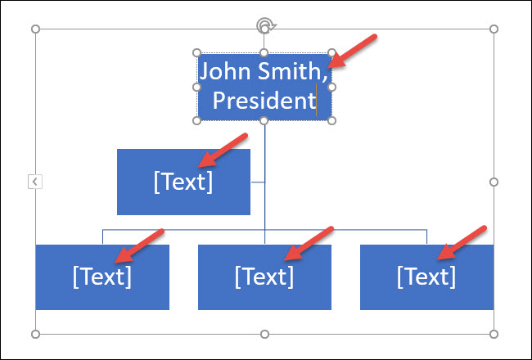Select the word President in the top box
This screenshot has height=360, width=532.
[x=264, y=101]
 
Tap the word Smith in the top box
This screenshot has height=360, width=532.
[x=292, y=71]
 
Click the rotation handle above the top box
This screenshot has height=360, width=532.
[x=265, y=25]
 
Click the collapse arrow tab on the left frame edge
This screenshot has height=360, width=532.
[x=35, y=182]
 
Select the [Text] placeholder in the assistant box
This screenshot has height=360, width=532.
[x=183, y=182]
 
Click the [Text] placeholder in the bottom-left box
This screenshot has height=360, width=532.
[x=102, y=277]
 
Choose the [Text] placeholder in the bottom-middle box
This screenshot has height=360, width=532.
[x=264, y=277]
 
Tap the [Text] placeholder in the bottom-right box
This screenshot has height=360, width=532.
[x=426, y=277]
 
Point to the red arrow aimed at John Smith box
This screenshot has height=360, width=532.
[x=353, y=52]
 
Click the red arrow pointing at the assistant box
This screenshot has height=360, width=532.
[x=223, y=150]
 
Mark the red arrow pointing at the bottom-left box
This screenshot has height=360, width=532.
[x=139, y=245]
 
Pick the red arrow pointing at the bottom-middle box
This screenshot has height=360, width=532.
[x=309, y=244]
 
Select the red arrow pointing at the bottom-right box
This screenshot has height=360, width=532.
[x=462, y=243]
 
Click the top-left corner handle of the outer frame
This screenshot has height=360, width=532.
[x=35, y=29]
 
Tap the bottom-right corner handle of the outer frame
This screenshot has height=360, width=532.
[x=494, y=334]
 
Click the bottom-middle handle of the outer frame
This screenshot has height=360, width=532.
[x=264, y=334]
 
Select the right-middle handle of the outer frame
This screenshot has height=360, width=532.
[x=494, y=182]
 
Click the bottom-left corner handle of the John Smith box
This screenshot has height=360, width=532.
[x=196, y=120]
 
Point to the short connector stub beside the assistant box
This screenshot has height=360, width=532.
[x=258, y=182]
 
